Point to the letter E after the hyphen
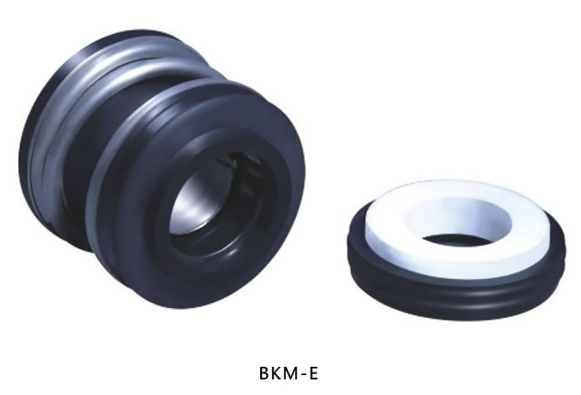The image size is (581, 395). pyautogui.click(x=313, y=373)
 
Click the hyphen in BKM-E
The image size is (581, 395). pyautogui.click(x=304, y=374)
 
